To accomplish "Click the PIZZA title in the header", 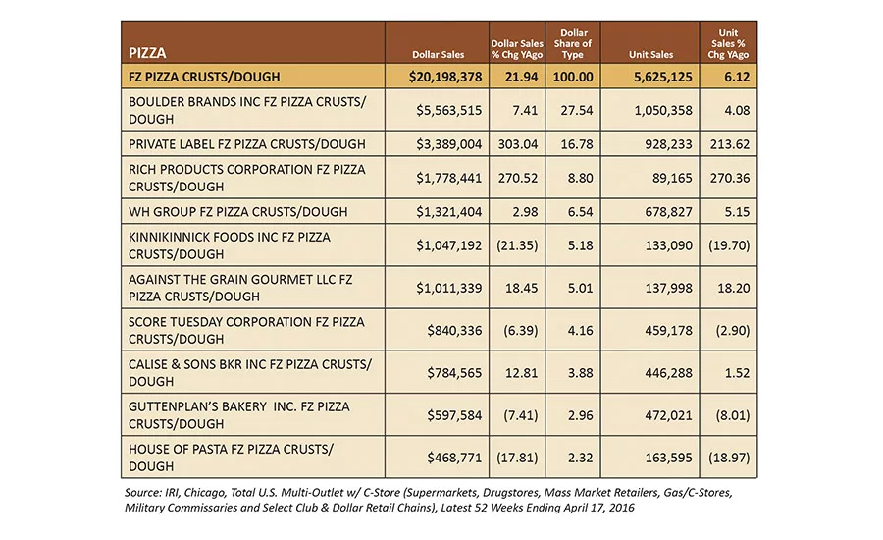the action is [147, 53].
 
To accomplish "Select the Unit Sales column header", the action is [650, 55].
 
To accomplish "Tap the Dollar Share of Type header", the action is [573, 44].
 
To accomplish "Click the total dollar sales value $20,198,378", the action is [445, 77].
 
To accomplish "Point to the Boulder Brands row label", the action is [247, 111].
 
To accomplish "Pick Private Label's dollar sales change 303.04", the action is [517, 144].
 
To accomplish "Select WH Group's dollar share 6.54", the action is [580, 212].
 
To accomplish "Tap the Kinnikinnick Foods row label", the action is [230, 245].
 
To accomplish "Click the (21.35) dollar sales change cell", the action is [517, 245].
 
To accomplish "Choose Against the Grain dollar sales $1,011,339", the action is [448, 288].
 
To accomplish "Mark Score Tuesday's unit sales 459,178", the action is [668, 330].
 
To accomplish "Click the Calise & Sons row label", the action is [250, 372].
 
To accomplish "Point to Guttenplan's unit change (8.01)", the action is [733, 415].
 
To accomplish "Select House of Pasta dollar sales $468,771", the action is [454, 458].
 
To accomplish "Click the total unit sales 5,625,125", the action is [663, 77].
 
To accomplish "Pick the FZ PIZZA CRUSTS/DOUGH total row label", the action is [204, 77].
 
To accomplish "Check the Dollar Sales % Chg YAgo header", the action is [517, 49].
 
